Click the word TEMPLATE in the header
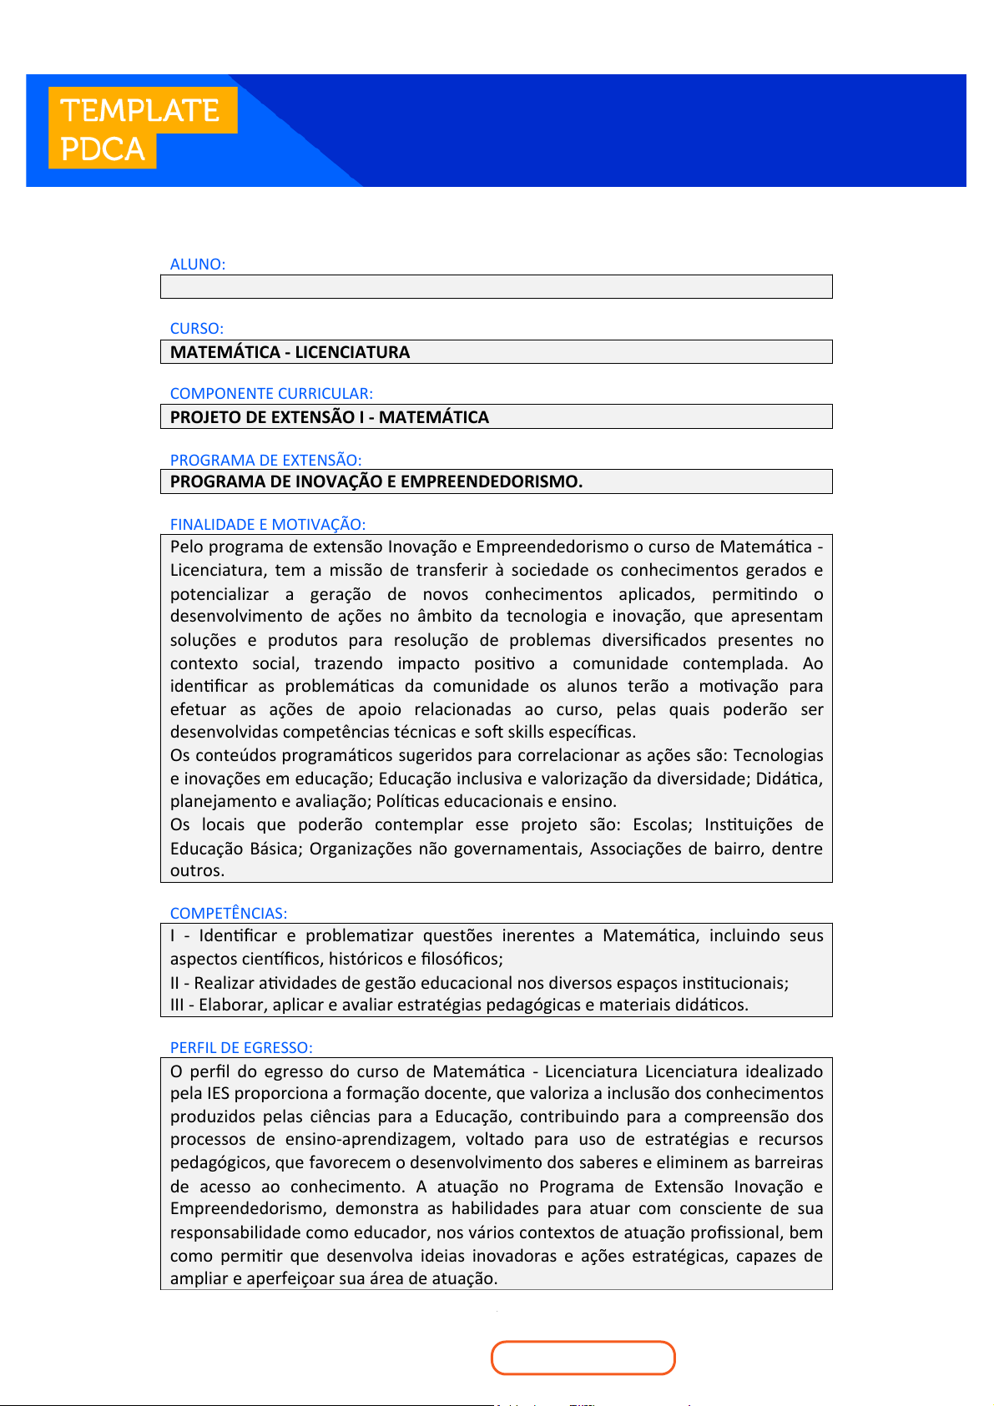pyautogui.click(x=140, y=110)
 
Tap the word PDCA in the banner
pyautogui.click(x=103, y=149)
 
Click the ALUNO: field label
pyautogui.click(x=198, y=264)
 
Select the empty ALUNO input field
pyautogui.click(x=496, y=286)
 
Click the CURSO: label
pyautogui.click(x=197, y=328)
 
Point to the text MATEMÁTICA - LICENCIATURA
pyautogui.click(x=290, y=352)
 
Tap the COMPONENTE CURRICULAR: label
pyautogui.click(x=271, y=393)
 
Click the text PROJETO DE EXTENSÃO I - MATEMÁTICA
pyautogui.click(x=329, y=417)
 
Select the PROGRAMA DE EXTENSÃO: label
pyautogui.click(x=265, y=460)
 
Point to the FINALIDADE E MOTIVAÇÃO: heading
pyautogui.click(x=267, y=524)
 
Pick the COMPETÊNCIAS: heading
pyautogui.click(x=228, y=913)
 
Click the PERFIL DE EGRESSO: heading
pyautogui.click(x=241, y=1047)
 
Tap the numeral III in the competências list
pyautogui.click(x=177, y=1005)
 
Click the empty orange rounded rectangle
pyautogui.click(x=583, y=1358)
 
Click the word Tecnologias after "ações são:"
pyautogui.click(x=778, y=755)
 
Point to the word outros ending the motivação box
pyautogui.click(x=196, y=870)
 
